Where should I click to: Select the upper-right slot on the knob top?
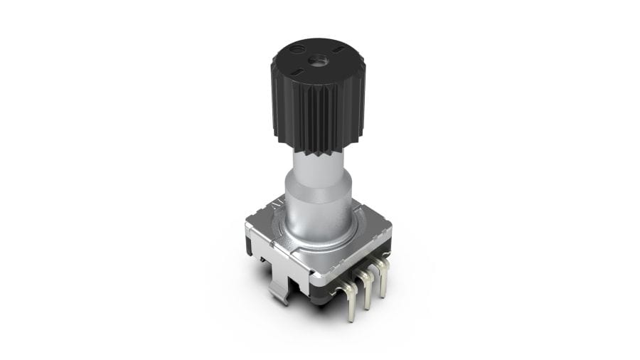[x=338, y=48]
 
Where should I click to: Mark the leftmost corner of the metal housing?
[x=247, y=226]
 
